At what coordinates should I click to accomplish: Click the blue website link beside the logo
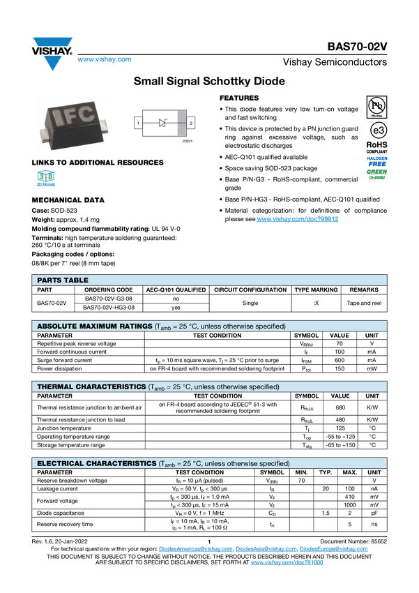tap(104, 60)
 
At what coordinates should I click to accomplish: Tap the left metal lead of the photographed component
tap(43, 130)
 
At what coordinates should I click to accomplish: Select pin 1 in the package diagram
tap(138, 123)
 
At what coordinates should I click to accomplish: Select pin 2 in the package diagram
tap(191, 123)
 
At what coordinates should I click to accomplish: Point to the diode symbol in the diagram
tap(164, 123)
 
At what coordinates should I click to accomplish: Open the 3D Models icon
tap(47, 179)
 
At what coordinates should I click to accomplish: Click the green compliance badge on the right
tap(377, 174)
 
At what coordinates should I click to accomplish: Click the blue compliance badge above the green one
tap(377, 160)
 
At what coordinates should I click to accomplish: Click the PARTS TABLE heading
tap(63, 280)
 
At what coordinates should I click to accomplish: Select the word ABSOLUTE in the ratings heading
tap(59, 326)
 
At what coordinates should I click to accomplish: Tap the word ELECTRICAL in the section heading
tap(61, 463)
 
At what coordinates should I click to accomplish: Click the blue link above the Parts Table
tap(298, 219)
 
